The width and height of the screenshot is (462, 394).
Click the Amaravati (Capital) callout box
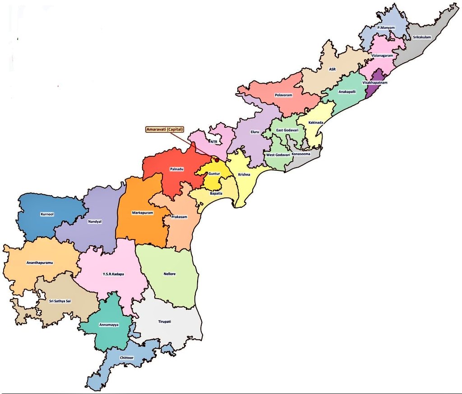click(165, 129)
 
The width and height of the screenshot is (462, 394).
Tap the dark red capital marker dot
click(217, 159)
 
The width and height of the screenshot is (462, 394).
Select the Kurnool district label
click(47, 214)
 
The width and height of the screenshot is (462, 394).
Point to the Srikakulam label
click(422, 37)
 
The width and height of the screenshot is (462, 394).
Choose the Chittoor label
click(127, 358)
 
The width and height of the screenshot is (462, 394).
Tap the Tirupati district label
click(165, 321)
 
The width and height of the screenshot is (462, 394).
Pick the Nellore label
click(170, 274)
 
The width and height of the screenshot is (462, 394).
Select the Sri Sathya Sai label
click(60, 300)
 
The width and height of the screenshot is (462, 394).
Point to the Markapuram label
click(141, 212)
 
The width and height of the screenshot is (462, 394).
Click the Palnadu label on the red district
click(176, 169)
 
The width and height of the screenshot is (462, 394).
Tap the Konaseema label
click(301, 154)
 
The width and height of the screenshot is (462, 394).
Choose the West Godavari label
click(278, 155)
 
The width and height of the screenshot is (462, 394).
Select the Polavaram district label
click(284, 95)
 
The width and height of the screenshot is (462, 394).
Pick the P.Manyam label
click(386, 28)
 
